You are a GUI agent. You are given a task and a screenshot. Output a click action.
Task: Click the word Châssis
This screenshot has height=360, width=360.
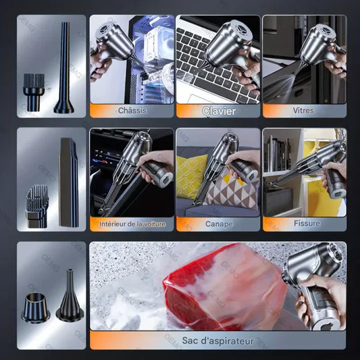tap(132, 111)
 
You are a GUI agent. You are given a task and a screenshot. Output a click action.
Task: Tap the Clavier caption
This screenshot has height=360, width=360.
tap(219, 111)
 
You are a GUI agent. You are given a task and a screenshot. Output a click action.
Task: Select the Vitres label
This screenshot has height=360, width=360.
tap(303, 111)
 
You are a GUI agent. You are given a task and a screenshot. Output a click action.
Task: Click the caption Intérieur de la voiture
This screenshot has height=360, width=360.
tap(132, 224)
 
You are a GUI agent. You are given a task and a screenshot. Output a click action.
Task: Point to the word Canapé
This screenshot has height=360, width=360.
tap(219, 224)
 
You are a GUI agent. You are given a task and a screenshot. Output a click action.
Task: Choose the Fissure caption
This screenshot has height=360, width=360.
tap(307, 223)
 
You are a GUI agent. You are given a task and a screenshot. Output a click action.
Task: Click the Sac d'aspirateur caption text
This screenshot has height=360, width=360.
tap(218, 340)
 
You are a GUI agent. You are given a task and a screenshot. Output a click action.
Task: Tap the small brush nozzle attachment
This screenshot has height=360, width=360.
tap(34, 93)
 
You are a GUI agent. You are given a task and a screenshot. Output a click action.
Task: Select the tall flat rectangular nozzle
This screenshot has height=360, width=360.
tap(68, 182)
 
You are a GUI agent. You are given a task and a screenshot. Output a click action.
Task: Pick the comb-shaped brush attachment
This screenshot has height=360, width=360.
tap(37, 206)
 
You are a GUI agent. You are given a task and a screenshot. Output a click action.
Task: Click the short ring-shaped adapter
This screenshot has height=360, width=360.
tap(36, 307)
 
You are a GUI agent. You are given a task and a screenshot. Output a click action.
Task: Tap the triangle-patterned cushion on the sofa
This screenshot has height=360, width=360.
tap(232, 192)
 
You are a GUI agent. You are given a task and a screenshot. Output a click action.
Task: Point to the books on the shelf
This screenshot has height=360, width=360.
tap(277, 153)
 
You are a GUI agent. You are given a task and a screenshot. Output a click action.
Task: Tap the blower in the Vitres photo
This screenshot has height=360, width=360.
tap(322, 47)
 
